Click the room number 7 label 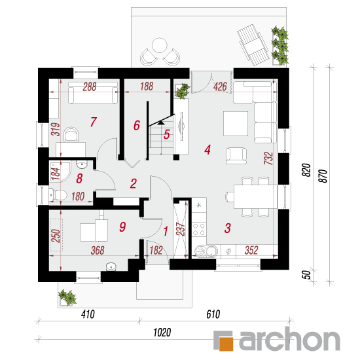(x=93, y=122)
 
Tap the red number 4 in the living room (x=207, y=150)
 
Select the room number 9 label (x=122, y=226)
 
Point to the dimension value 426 (x=220, y=87)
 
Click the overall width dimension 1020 (x=162, y=333)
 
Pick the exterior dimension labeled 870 (x=323, y=176)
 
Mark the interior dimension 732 (x=268, y=158)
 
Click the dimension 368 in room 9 (x=98, y=250)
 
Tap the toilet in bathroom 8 (x=58, y=195)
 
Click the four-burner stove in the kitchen (x=199, y=229)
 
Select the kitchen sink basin (x=206, y=251)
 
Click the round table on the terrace (x=160, y=45)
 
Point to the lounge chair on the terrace (x=253, y=45)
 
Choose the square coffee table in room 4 (x=236, y=124)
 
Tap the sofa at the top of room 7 (x=93, y=93)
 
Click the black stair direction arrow (x=161, y=122)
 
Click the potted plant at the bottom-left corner (x=67, y=298)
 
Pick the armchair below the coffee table (x=236, y=156)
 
